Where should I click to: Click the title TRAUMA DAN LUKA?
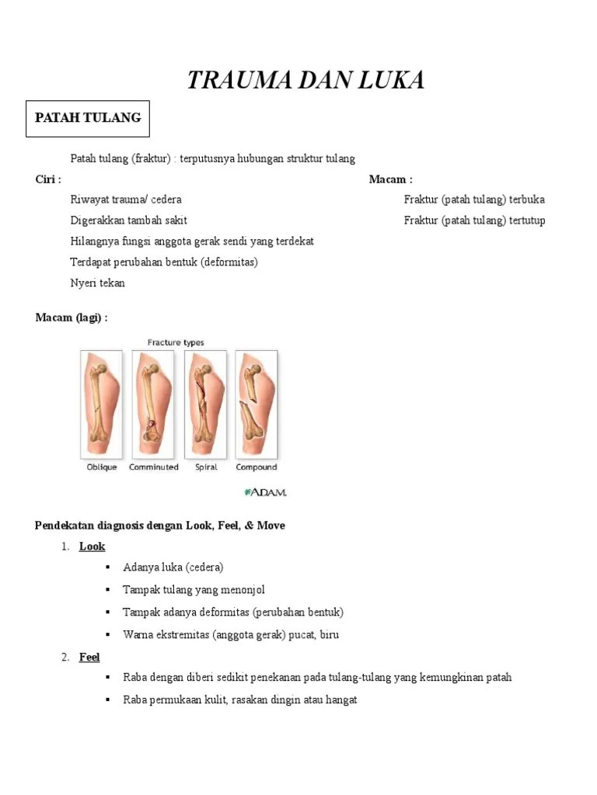click(x=305, y=80)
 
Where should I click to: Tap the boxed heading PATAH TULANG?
click(x=88, y=118)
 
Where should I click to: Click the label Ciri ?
click(x=48, y=179)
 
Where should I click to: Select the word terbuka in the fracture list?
click(x=527, y=200)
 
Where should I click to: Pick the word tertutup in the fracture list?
click(x=527, y=220)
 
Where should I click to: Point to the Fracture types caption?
click(x=176, y=342)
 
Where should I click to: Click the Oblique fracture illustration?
click(x=102, y=404)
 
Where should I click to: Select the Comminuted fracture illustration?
click(x=153, y=404)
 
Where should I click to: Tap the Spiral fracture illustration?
click(x=205, y=404)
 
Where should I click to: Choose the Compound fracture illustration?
click(x=257, y=404)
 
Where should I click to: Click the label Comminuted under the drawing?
click(x=154, y=467)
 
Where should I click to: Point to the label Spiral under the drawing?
click(x=205, y=467)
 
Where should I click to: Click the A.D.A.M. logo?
click(x=266, y=492)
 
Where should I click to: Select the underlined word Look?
click(x=92, y=547)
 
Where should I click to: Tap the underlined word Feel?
click(x=89, y=657)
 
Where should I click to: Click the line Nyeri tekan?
click(x=98, y=283)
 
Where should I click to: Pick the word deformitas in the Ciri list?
click(x=229, y=262)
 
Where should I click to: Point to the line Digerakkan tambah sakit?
click(x=129, y=220)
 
